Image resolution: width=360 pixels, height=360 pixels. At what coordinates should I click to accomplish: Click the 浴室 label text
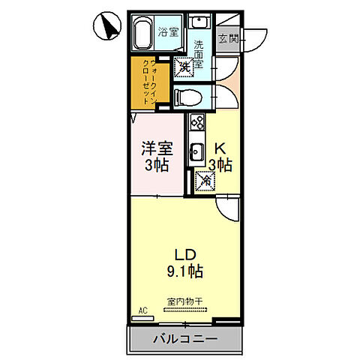169,32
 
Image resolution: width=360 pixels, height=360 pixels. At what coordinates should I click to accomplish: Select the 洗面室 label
199,53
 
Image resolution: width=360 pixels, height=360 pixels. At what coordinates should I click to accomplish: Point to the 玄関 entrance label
227,38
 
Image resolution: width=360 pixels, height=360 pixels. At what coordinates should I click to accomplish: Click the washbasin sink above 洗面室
199,22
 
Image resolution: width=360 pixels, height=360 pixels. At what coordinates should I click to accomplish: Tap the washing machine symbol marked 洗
184,67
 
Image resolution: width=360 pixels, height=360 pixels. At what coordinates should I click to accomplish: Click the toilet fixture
187,96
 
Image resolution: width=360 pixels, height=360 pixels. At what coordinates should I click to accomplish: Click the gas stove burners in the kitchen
198,121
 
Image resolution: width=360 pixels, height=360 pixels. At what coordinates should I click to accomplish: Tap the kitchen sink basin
197,152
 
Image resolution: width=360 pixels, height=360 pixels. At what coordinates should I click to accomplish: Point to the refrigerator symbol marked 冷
203,180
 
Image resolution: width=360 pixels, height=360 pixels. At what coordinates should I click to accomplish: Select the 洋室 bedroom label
157,148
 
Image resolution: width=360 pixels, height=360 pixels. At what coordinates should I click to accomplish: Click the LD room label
185,253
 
